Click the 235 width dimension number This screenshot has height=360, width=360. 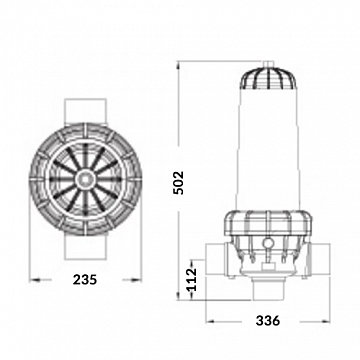(85, 281)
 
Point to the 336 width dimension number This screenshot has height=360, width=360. (272, 321)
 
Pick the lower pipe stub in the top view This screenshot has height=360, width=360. (85, 250)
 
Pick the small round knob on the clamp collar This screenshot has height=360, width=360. (271, 241)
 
